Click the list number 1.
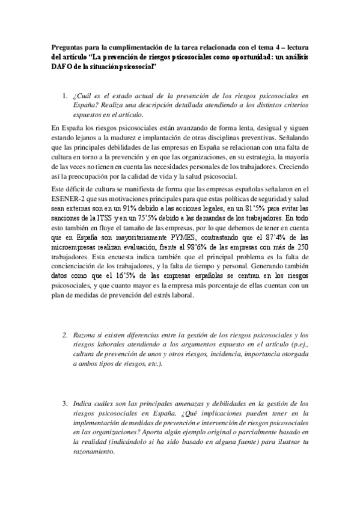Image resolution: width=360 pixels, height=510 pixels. tap(65, 95)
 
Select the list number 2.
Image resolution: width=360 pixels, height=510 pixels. tap(65, 335)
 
